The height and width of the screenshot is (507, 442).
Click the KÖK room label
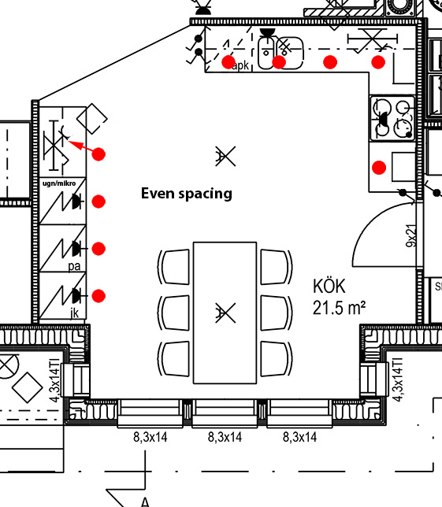(329, 286)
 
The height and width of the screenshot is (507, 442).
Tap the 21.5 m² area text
(339, 308)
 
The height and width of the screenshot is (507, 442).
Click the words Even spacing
(187, 194)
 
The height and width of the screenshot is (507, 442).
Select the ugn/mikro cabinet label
(59, 183)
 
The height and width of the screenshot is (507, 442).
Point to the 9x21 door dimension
(411, 235)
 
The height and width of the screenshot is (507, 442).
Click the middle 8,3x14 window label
(225, 437)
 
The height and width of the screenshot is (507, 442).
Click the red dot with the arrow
(98, 154)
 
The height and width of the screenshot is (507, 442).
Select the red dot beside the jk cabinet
(98, 296)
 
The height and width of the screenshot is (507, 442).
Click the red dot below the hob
(379, 168)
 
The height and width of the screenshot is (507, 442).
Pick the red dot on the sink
(279, 62)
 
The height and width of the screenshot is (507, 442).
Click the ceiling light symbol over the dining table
(225, 313)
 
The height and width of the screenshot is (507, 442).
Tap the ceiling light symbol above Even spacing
(225, 156)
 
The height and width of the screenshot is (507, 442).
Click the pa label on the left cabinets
(74, 266)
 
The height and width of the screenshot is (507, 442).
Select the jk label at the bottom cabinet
(74, 313)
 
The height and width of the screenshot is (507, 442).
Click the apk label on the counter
(240, 65)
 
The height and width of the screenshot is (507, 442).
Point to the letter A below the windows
(145, 502)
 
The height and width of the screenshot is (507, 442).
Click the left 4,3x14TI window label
(54, 379)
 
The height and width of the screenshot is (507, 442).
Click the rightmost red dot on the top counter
(378, 62)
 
